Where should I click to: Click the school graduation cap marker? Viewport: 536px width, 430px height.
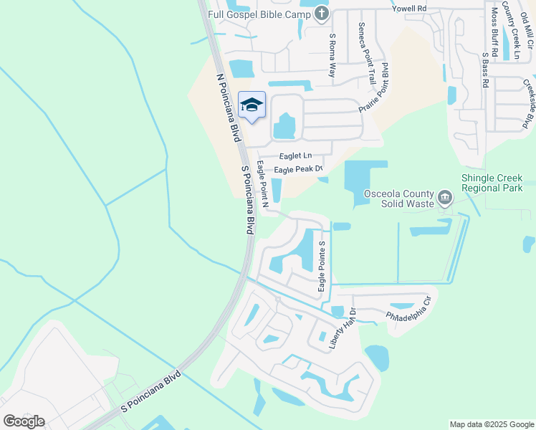click(x=251, y=105)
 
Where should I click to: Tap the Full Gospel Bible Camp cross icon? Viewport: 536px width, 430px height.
click(x=321, y=13)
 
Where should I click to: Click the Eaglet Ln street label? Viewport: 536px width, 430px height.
click(x=295, y=156)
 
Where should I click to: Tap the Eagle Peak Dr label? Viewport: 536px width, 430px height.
click(x=299, y=169)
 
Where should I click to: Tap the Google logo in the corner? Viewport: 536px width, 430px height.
click(x=24, y=421)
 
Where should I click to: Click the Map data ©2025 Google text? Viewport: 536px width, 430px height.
click(x=491, y=424)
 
